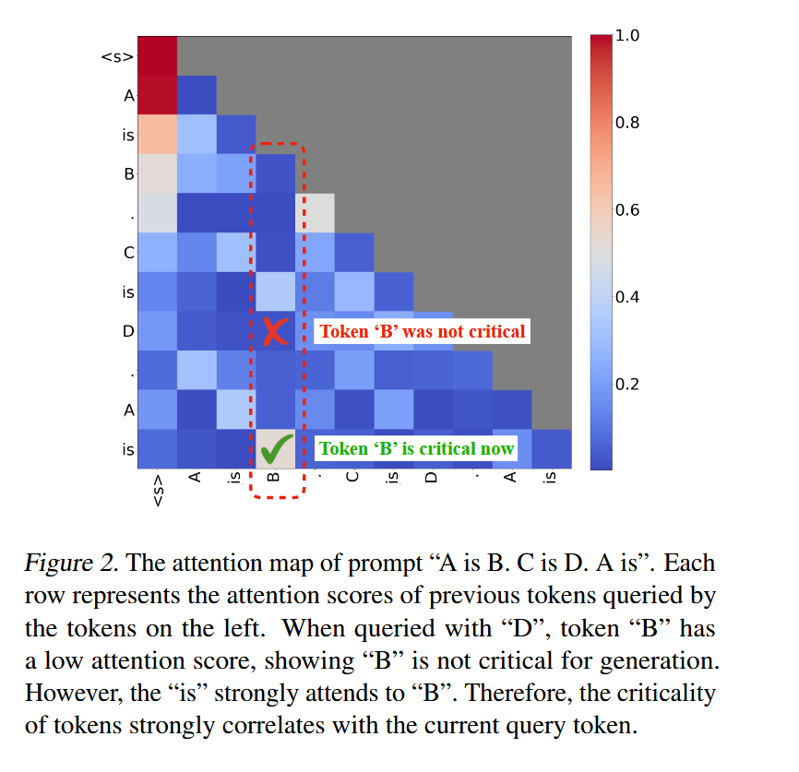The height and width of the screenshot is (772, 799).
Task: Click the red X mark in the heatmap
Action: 274,332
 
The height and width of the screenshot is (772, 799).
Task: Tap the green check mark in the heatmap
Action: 275,449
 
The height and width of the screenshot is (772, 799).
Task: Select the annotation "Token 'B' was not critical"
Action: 422,331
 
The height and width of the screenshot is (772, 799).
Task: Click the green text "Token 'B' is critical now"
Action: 416,449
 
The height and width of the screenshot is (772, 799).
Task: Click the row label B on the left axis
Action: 128,173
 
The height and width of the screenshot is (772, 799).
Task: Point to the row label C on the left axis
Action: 128,252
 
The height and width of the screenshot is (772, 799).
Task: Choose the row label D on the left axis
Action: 128,330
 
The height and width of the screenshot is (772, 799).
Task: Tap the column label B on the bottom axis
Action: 273,479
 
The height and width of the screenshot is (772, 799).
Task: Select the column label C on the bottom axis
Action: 352,479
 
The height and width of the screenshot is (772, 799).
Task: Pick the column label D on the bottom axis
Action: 430,479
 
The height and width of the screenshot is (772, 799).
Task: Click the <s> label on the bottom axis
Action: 158,489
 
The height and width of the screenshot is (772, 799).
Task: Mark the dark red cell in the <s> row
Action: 158,56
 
